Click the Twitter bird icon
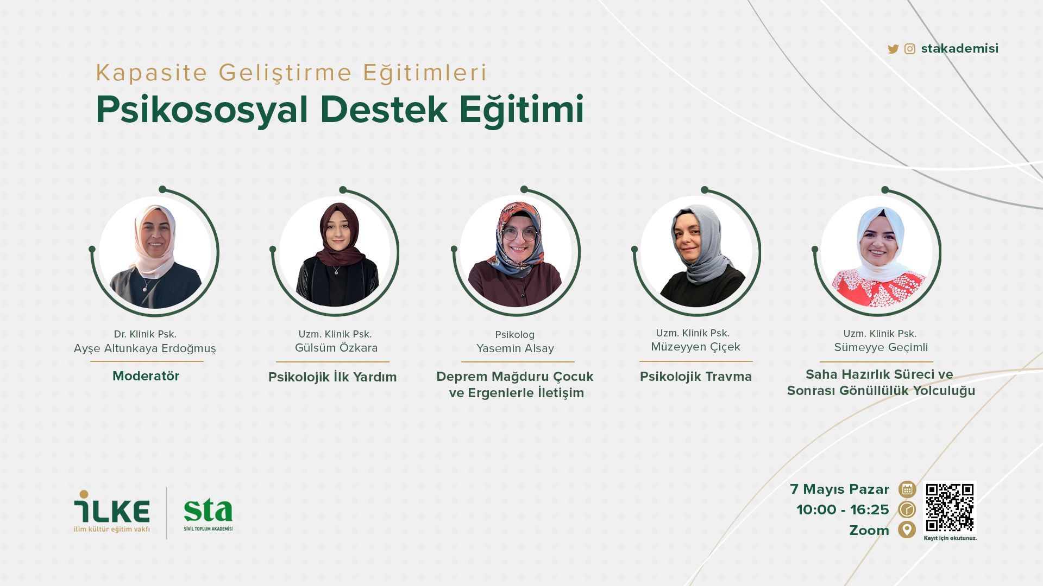tap(893, 49)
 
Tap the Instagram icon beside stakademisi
tap(910, 49)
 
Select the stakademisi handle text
tap(960, 48)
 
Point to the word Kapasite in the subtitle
tap(152, 73)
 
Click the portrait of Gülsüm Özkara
tap(335, 252)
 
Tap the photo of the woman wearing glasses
tap(516, 252)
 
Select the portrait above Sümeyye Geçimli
tap(877, 252)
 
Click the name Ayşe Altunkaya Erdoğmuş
tap(145, 348)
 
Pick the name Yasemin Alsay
tap(515, 348)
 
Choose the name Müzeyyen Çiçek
tap(695, 347)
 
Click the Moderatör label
tap(146, 376)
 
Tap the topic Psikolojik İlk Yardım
tap(332, 377)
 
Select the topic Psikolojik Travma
tap(696, 377)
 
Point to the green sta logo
tap(208, 514)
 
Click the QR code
tap(950, 507)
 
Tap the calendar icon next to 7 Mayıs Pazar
tap(907, 489)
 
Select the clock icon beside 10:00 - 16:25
tap(907, 509)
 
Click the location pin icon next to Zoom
tap(907, 530)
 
